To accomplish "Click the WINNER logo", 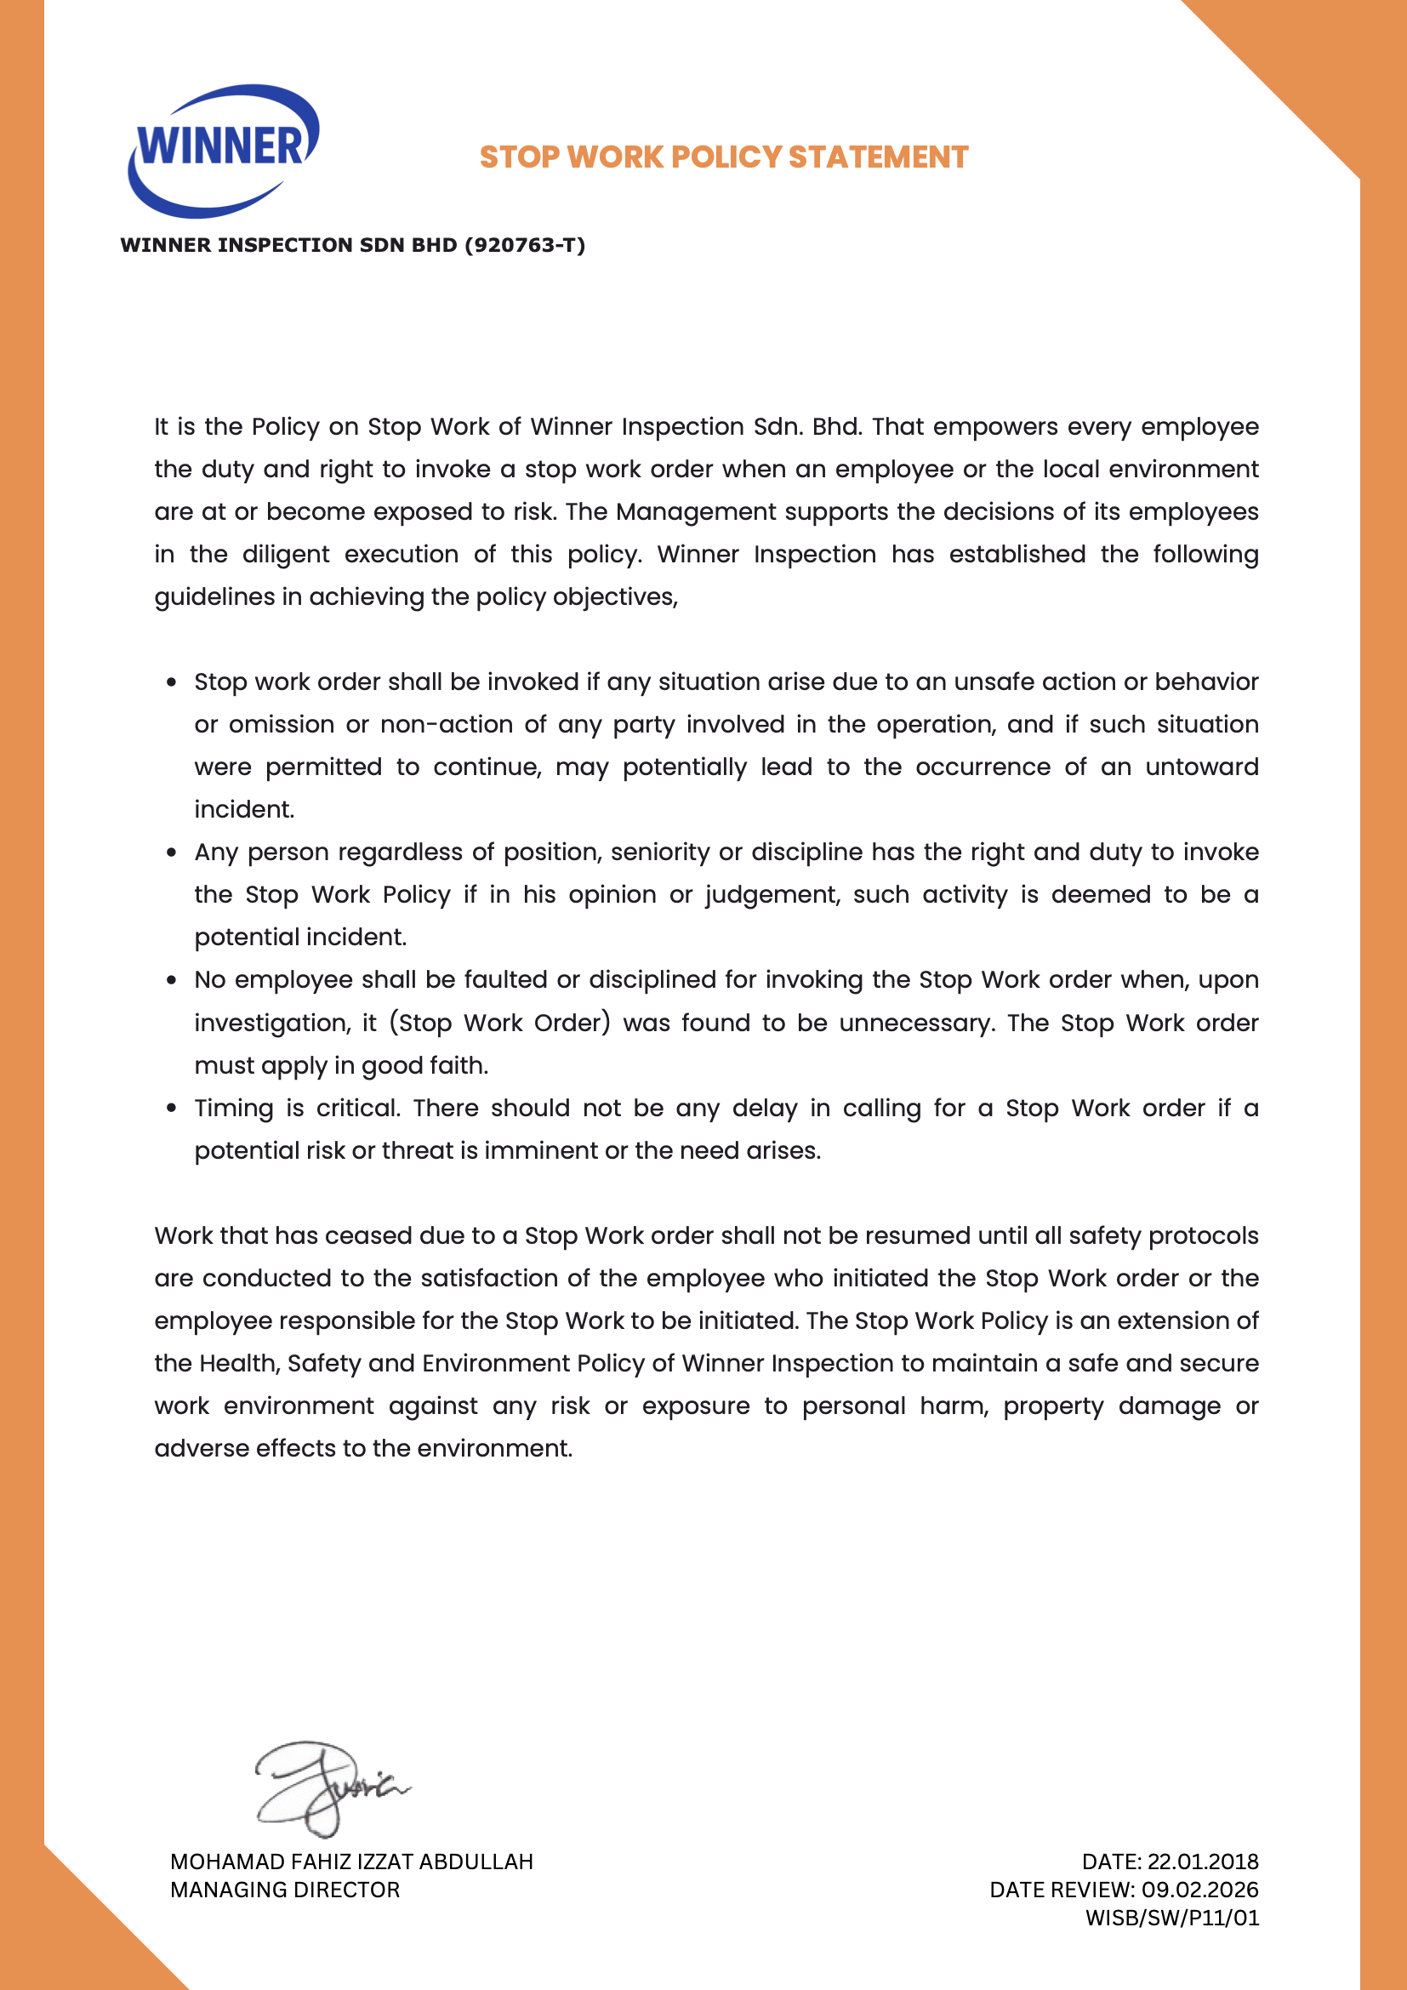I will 224,149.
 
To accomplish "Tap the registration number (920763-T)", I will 525,245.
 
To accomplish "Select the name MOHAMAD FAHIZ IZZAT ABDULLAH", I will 352,1862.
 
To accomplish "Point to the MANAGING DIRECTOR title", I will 285,1890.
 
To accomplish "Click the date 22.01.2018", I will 1203,1862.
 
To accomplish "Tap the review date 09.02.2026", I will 1200,1890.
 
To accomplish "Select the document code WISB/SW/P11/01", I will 1172,1918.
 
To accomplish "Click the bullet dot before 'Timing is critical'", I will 172,1108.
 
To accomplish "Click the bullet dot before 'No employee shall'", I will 172,980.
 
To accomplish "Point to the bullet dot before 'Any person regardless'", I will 172,852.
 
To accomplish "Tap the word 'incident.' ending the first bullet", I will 244,809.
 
